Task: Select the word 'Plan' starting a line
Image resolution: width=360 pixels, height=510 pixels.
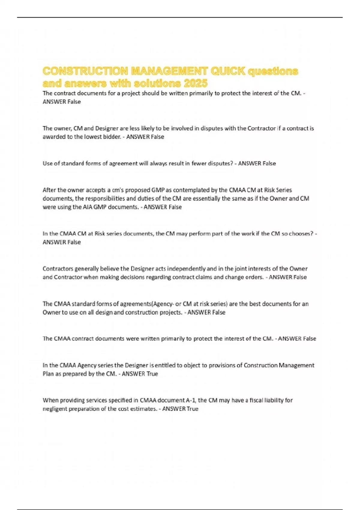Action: click(48, 374)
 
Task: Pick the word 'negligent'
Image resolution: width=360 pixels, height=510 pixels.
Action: click(55, 409)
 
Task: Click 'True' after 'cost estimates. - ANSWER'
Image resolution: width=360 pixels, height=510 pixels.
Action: click(192, 409)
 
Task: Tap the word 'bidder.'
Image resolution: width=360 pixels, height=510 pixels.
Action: click(111, 137)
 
